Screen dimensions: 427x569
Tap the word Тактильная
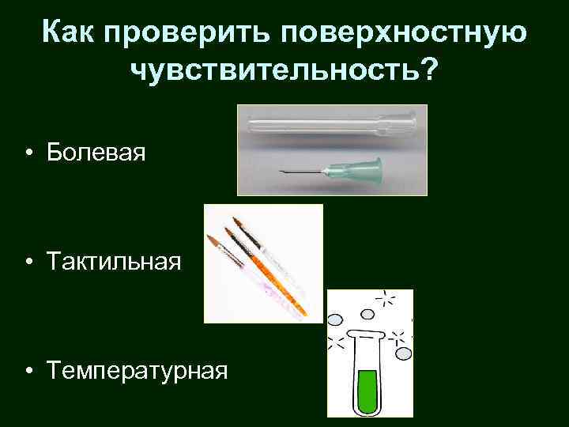(114, 260)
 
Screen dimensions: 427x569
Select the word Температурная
(137, 368)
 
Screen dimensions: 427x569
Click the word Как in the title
(76, 32)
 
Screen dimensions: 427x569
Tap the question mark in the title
(428, 71)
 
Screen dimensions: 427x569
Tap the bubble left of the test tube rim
(334, 320)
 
